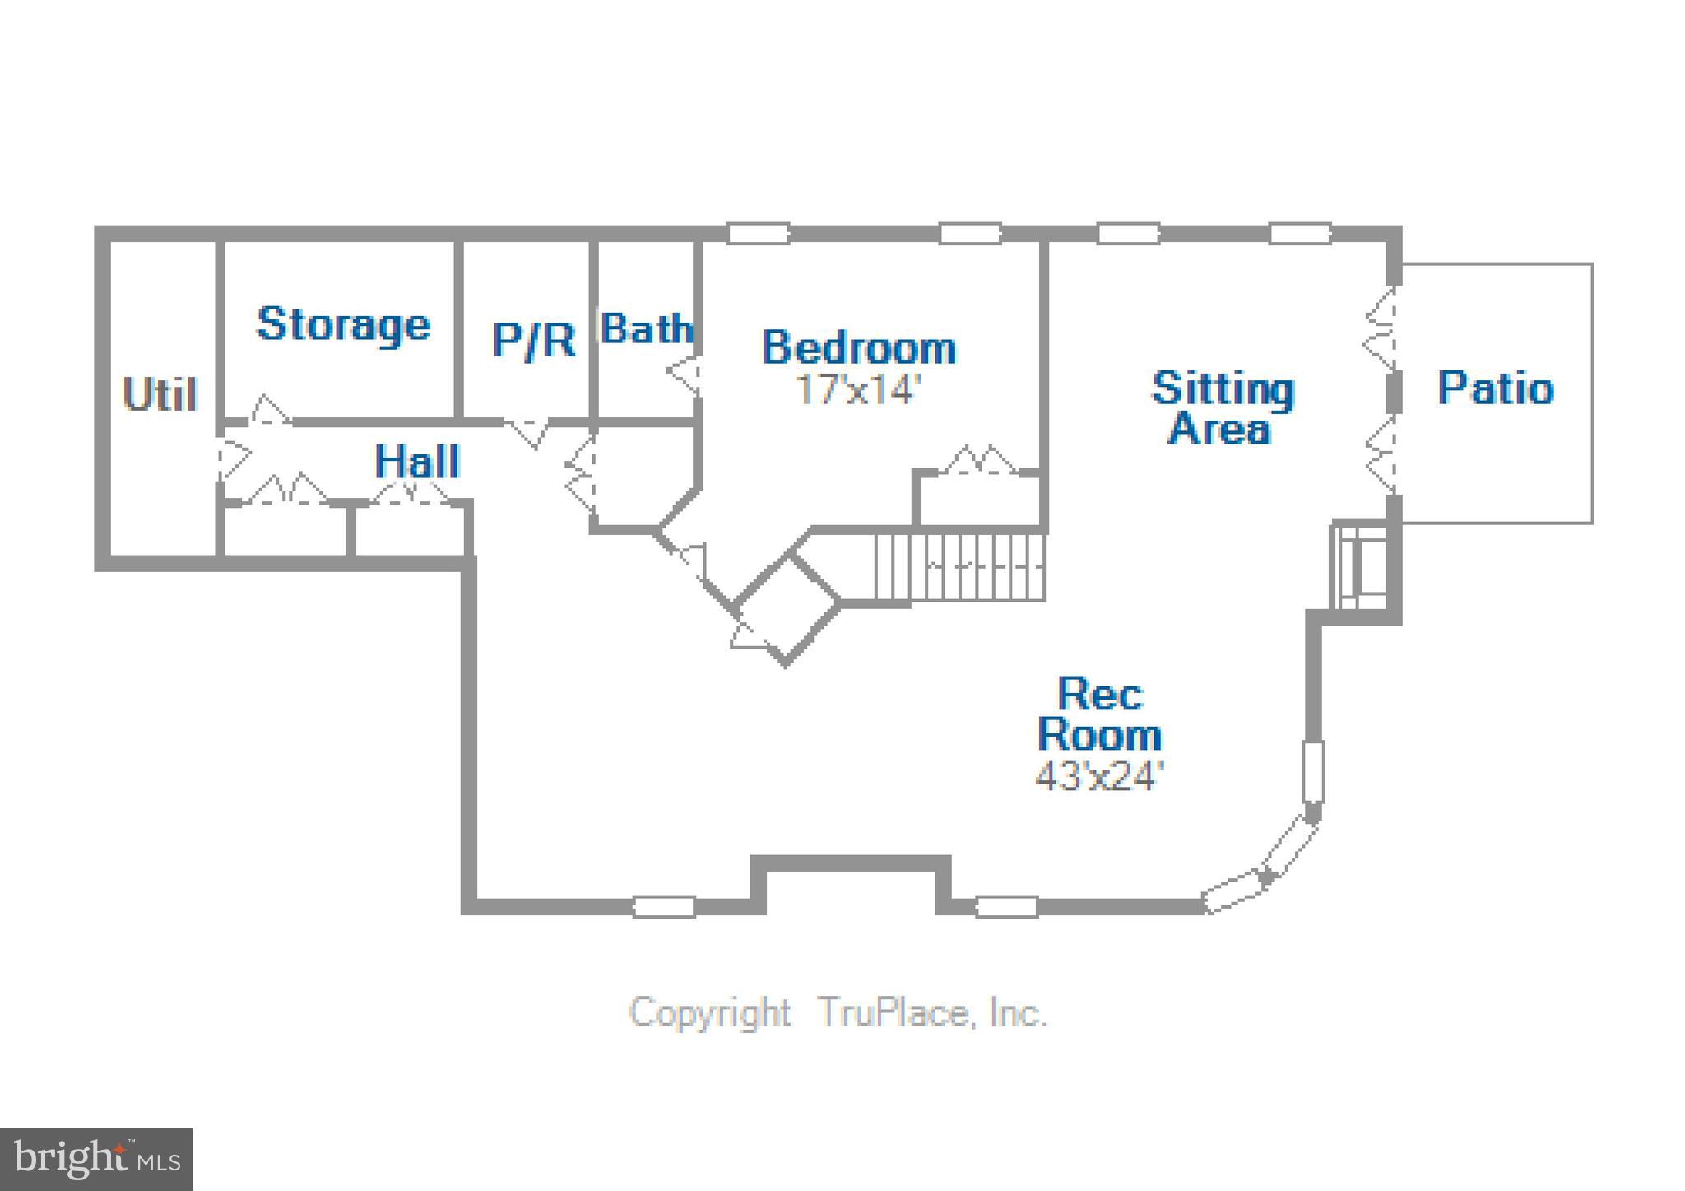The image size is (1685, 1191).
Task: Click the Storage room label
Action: pos(343,325)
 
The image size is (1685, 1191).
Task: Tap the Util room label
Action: pos(160,394)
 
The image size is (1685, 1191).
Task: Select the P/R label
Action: pos(533,339)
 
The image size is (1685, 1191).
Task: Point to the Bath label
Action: pos(647,329)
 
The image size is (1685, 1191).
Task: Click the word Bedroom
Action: pos(859,347)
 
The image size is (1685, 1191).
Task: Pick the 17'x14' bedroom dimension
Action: pos(856,389)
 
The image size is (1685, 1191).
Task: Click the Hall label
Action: pos(417,461)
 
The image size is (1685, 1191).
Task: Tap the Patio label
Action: pos(1496,388)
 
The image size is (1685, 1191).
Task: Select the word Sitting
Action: pos(1223,388)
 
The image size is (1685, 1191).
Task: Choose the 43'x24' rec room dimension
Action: pos(1100,775)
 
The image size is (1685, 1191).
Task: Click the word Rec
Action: pos(1100,694)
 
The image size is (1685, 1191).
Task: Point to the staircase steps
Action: pos(959,567)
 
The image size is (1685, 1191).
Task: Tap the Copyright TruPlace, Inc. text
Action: pos(838,1012)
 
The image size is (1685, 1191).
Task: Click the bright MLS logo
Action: pos(96,1159)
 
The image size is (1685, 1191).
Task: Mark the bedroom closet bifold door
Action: pos(982,461)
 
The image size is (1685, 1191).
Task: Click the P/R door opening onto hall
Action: pos(527,432)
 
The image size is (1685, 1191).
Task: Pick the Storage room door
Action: pos(270,411)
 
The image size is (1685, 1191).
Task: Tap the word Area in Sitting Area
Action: pos(1219,430)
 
